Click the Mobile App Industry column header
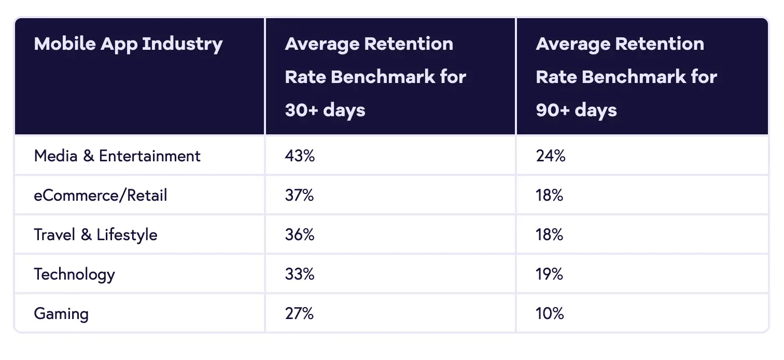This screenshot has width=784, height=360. (x=128, y=44)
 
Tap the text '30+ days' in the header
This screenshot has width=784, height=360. (x=325, y=110)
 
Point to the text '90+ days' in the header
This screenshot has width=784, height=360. (x=576, y=110)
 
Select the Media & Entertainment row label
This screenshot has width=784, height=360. (x=117, y=156)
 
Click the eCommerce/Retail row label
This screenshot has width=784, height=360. (x=101, y=195)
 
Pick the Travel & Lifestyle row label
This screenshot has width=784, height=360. (x=95, y=234)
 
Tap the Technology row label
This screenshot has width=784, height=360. (x=74, y=274)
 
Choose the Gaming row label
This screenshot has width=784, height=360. (x=61, y=313)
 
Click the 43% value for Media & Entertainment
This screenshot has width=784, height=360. (x=300, y=156)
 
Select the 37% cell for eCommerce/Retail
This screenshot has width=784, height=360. (x=299, y=195)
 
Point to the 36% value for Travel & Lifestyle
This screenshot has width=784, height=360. (x=299, y=234)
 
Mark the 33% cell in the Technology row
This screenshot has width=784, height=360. (x=299, y=274)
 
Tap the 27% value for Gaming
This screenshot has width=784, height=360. (x=299, y=313)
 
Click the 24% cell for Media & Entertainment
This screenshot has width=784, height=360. (x=550, y=156)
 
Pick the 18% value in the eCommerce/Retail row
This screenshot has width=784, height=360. (x=549, y=195)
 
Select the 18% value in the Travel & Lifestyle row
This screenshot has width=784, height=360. (x=549, y=234)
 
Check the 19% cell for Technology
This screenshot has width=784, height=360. (x=549, y=274)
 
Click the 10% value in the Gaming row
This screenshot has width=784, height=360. (x=550, y=313)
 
